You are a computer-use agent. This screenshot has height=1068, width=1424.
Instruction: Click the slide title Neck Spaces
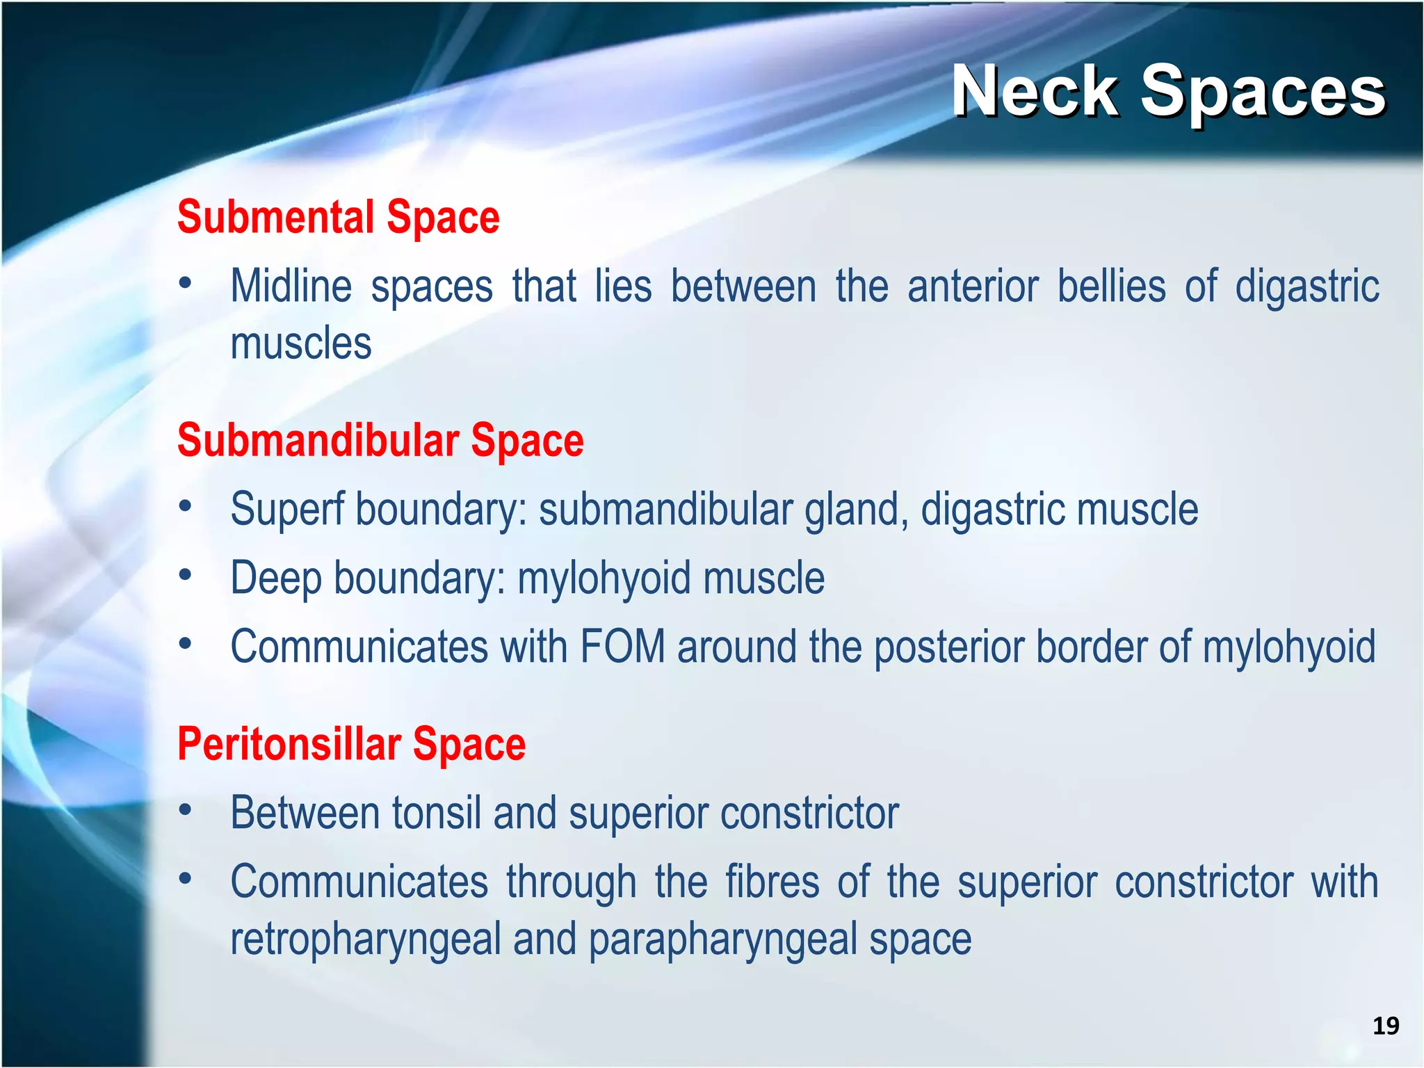pos(1168,92)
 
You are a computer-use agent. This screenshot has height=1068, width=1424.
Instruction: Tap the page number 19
pos(1385,1026)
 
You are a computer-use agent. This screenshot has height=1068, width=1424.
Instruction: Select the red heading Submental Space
pos(338,217)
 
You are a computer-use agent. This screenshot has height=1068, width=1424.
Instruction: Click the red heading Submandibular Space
pos(380,440)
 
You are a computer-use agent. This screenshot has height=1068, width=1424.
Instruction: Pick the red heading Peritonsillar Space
pos(351,744)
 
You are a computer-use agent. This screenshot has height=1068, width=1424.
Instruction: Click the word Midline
pos(291,286)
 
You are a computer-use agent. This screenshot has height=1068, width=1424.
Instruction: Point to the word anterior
pos(973,286)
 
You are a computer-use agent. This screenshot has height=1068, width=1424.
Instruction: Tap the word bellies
pos(1111,286)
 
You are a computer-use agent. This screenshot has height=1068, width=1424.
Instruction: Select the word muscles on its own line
pos(300,343)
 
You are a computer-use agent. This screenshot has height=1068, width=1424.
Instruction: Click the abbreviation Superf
pos(287,510)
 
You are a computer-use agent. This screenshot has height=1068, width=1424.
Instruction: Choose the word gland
pos(856,510)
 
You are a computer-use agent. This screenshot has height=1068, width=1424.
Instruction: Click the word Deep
pos(275,578)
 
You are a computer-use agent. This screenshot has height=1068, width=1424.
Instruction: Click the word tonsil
pos(437,813)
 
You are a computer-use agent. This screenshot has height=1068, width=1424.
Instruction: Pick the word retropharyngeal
pos(366,939)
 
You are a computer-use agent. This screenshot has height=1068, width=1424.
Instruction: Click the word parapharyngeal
pos(723,939)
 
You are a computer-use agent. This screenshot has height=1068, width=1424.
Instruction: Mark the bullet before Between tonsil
pos(185,810)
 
